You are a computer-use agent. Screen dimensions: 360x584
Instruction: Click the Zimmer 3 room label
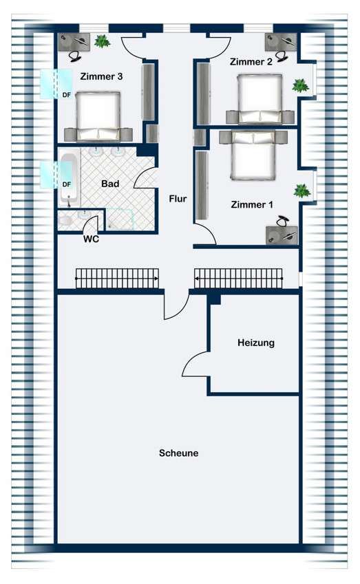(101, 76)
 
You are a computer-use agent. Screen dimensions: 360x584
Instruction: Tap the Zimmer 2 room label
(251, 61)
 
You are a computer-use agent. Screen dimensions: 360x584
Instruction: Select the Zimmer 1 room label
(252, 204)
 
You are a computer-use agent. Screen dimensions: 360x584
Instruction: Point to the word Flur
(178, 199)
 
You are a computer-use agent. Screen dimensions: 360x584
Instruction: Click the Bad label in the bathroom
(110, 184)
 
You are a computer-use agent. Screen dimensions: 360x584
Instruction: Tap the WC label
(91, 239)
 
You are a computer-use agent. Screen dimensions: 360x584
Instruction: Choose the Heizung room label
(256, 343)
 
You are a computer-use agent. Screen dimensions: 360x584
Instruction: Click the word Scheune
(178, 453)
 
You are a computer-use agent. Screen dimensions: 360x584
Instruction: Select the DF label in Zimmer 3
(66, 95)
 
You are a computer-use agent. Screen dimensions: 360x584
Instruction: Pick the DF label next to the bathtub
(66, 184)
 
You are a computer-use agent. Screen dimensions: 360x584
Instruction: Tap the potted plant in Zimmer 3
(102, 41)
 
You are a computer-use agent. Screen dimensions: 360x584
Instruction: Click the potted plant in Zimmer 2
(300, 86)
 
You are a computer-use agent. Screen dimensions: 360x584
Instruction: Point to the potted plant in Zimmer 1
(302, 191)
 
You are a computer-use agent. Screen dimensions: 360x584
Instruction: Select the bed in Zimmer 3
(98, 116)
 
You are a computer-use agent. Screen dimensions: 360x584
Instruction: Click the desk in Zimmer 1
(282, 235)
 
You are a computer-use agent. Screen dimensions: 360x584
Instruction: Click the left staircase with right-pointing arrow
(117, 278)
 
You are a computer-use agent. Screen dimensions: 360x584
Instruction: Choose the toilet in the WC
(65, 221)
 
